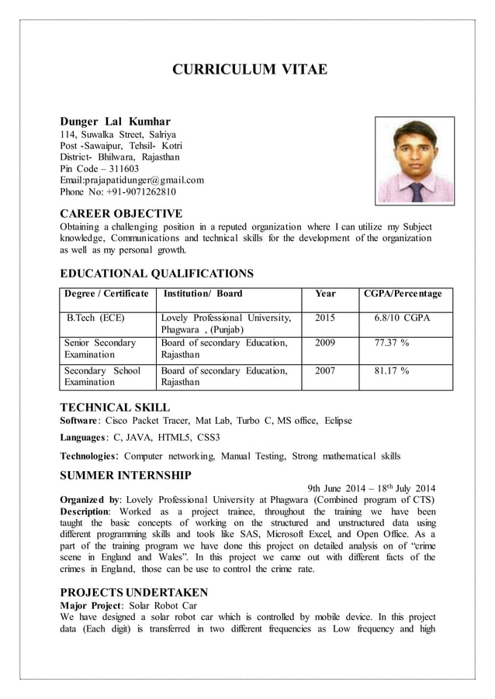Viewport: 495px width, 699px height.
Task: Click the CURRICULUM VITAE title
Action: point(249,71)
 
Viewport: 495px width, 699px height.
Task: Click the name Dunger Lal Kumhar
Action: point(116,122)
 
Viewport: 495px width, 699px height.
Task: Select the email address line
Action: point(131,180)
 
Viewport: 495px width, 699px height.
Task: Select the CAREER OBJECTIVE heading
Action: point(121,213)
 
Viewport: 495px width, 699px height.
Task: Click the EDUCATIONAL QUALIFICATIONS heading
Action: point(157,273)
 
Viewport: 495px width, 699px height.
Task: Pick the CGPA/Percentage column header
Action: point(403,294)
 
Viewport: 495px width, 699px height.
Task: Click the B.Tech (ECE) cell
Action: point(95,318)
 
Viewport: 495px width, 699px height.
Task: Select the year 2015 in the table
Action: point(325,318)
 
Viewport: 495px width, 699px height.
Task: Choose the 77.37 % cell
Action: point(391,343)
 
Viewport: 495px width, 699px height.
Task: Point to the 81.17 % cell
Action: point(391,370)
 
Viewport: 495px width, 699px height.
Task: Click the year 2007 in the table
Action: point(325,370)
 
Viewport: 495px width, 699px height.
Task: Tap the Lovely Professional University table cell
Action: point(226,324)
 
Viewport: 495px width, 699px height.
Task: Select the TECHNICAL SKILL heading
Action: point(115,407)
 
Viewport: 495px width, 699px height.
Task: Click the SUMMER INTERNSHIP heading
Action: point(126,474)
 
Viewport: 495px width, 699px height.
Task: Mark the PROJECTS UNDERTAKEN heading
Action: point(133,592)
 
